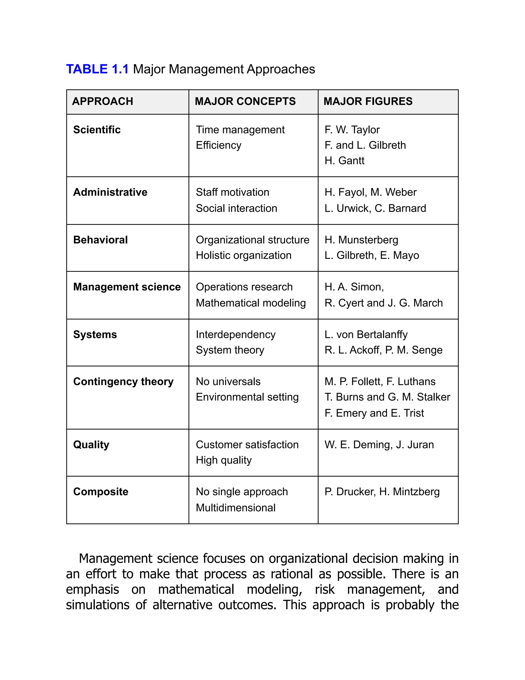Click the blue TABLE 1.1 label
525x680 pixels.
97,69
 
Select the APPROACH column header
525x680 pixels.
103,102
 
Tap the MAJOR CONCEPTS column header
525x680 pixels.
245,102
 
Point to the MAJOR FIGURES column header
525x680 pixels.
368,102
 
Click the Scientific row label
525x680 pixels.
97,130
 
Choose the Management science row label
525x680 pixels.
127,287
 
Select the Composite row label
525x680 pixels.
100,492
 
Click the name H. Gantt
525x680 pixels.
344,161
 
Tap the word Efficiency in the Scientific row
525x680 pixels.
219,145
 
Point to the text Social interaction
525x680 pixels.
236,208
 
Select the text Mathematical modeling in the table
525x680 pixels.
251,303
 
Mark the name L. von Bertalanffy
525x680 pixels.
366,334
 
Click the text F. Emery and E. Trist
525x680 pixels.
374,413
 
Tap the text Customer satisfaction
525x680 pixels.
247,445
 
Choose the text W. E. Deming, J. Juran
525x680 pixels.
379,445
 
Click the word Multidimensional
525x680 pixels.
235,508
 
